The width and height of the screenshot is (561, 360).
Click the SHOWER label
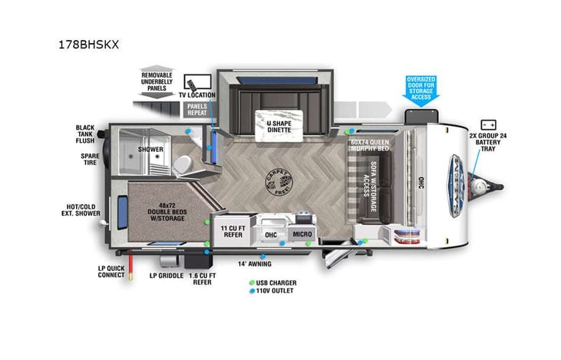(x=150, y=150)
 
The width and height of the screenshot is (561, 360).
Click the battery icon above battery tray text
(x=487, y=124)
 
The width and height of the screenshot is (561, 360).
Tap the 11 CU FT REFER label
(x=232, y=233)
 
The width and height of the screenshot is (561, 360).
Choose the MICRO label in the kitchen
(x=302, y=234)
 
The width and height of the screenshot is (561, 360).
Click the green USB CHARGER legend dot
(x=252, y=282)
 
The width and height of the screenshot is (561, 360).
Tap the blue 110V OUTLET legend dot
(x=252, y=292)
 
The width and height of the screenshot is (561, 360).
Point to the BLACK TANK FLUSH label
(x=84, y=134)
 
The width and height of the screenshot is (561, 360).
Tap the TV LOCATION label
(x=197, y=95)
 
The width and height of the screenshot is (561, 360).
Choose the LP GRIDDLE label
(x=164, y=275)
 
